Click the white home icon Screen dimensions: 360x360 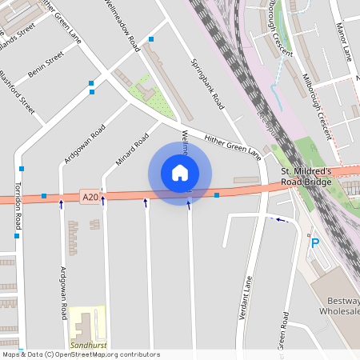tap(180, 172)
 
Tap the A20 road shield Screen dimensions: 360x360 tap(90, 195)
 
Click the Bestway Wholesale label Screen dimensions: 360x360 tap(340, 305)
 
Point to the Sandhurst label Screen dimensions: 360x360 tap(87, 345)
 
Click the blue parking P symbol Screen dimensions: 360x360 tap(314, 242)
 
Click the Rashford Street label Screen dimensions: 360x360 tap(18, 93)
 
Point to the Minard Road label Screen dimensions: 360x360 tap(133, 150)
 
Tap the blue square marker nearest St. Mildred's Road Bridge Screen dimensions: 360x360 tap(217, 194)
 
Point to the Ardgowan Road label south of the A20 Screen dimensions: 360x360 tap(63, 293)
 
